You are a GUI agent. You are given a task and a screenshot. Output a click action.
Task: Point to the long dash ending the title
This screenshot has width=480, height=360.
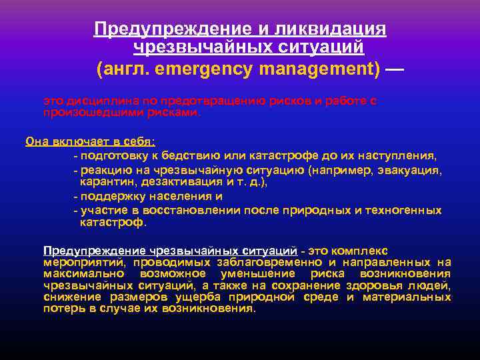(394, 68)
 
